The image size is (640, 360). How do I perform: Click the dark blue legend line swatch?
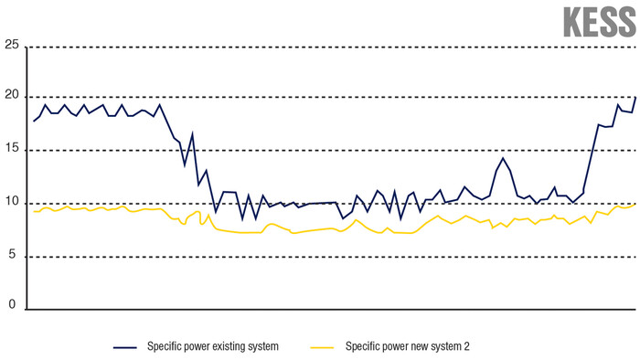point(125,347)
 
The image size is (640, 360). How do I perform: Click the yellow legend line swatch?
point(323,347)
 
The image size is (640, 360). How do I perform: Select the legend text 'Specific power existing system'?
point(212,347)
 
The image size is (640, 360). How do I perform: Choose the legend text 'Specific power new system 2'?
point(407,347)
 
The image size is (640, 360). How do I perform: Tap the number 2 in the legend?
point(466,347)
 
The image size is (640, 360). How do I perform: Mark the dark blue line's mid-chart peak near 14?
point(502,158)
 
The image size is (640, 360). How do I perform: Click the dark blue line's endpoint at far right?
point(635,97)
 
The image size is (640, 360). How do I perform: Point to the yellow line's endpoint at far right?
point(635,204)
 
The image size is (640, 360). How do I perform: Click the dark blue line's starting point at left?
point(34,121)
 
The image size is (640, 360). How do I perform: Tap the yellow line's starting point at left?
point(34,211)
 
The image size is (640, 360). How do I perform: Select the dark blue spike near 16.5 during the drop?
point(192,133)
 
